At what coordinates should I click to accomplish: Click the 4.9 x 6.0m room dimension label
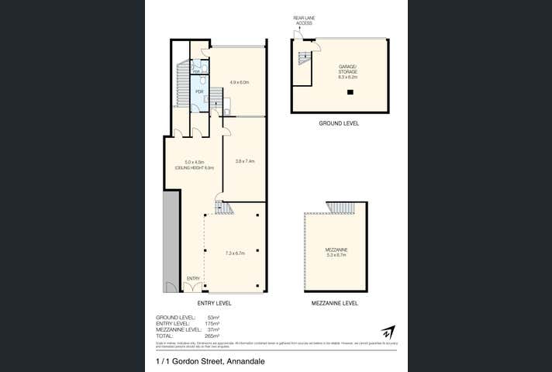(x=238, y=82)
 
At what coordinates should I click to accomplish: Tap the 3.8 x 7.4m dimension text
(x=245, y=161)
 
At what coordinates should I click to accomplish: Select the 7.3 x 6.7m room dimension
(x=235, y=253)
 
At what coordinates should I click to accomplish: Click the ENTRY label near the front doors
(x=193, y=277)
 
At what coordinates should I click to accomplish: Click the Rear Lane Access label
(x=302, y=20)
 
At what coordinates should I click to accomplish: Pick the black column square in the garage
(x=350, y=92)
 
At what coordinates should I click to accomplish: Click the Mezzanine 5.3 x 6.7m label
(x=336, y=252)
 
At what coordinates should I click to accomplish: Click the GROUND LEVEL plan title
(x=339, y=123)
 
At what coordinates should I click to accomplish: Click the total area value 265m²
(x=213, y=336)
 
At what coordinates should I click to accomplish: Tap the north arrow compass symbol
(x=389, y=332)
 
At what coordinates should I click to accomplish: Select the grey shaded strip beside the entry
(x=171, y=240)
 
